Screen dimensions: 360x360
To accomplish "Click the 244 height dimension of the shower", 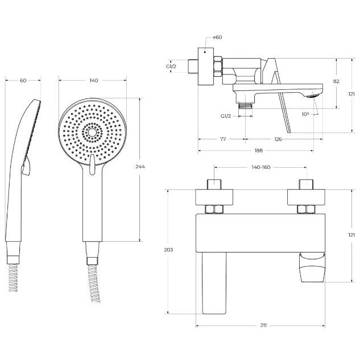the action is (140, 167).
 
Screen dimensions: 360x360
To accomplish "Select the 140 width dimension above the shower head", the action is (94, 80).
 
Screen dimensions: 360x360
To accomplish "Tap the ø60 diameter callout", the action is (217, 37).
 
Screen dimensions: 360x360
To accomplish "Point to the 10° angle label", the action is (305, 114).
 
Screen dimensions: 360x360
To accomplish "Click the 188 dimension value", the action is (259, 151).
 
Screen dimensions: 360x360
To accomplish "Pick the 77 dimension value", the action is (223, 139).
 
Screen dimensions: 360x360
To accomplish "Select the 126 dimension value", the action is (278, 139).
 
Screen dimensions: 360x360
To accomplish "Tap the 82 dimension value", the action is (336, 81).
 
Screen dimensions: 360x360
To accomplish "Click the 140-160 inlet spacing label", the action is (261, 167).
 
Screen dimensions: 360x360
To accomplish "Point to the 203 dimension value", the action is (168, 250).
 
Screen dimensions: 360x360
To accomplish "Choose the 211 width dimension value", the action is (263, 325).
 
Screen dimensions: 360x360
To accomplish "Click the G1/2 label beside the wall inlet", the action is (171, 67).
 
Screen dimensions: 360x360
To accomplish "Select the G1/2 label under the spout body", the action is (226, 116).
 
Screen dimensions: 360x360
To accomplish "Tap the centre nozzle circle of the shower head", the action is (92, 133).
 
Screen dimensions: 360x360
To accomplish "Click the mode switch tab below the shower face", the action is (92, 164).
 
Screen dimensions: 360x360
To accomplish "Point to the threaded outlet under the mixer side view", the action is (246, 106).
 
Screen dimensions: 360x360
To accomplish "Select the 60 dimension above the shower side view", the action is (23, 81).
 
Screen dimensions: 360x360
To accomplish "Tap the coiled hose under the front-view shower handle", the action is (93, 284).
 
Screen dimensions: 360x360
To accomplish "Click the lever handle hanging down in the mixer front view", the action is (214, 283).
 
